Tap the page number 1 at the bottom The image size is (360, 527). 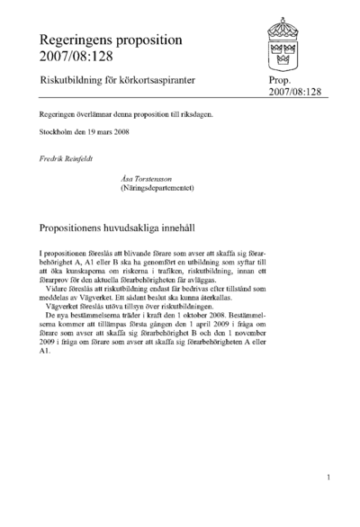330,478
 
